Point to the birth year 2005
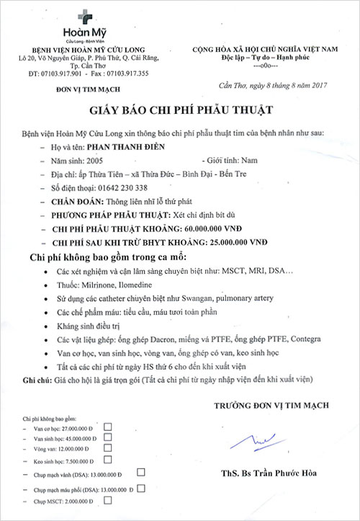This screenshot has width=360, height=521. (x=96, y=162)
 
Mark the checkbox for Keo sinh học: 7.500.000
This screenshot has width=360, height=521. (x=108, y=459)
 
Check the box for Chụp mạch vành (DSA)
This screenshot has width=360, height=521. (x=141, y=472)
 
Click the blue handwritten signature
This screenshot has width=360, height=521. (x=257, y=437)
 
